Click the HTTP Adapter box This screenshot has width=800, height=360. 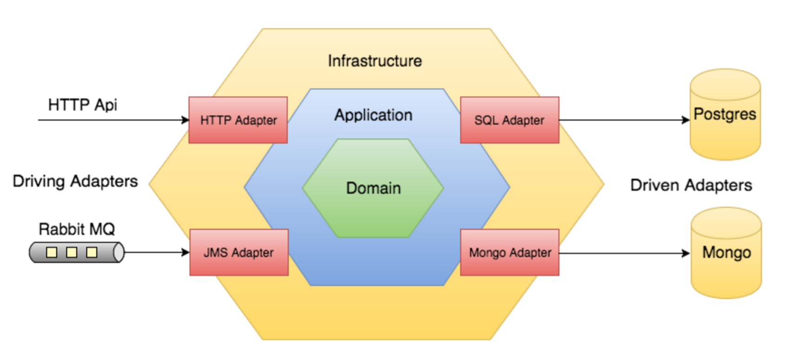[238, 120]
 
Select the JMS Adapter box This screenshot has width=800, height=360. [239, 253]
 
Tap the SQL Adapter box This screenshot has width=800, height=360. [510, 120]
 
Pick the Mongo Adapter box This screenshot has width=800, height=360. [510, 253]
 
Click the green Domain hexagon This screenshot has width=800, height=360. [373, 188]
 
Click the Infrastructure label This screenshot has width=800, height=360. [375, 61]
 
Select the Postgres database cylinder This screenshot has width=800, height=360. [725, 114]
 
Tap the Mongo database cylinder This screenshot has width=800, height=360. [726, 253]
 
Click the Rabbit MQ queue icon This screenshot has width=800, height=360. [77, 253]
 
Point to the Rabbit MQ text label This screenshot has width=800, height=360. [77, 229]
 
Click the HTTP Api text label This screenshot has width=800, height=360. [83, 105]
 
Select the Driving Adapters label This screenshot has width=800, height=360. [75, 181]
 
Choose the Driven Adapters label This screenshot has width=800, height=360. [691, 185]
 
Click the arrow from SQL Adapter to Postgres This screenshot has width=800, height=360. [625, 120]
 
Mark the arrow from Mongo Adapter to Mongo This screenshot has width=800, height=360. [625, 253]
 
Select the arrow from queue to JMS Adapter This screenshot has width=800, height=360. [157, 253]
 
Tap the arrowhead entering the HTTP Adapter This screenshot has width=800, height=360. [185, 120]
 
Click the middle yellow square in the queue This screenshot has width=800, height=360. [72, 252]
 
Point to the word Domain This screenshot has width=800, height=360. [373, 188]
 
